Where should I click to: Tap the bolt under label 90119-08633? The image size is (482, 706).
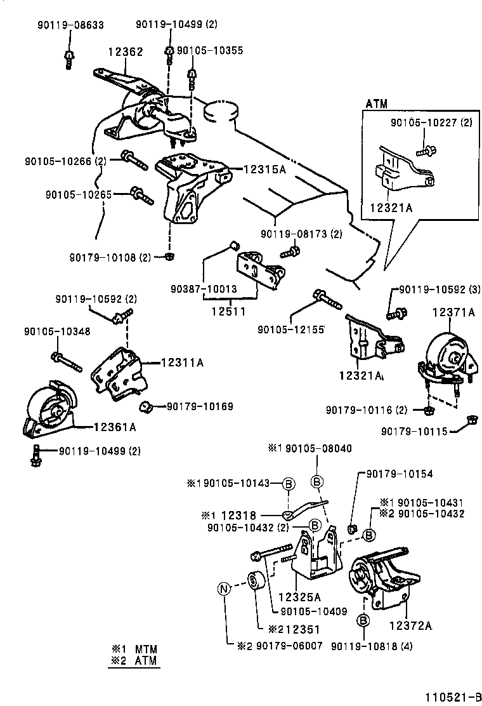pyautogui.click(x=68, y=58)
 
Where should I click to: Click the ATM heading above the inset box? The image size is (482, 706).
pyautogui.click(x=376, y=103)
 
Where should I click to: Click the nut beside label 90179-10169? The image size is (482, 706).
pyautogui.click(x=145, y=405)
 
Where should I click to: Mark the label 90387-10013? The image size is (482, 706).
pyautogui.click(x=203, y=289)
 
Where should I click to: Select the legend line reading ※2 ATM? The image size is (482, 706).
pyautogui.click(x=134, y=662)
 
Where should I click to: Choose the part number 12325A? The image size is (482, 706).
pyautogui.click(x=299, y=596)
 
